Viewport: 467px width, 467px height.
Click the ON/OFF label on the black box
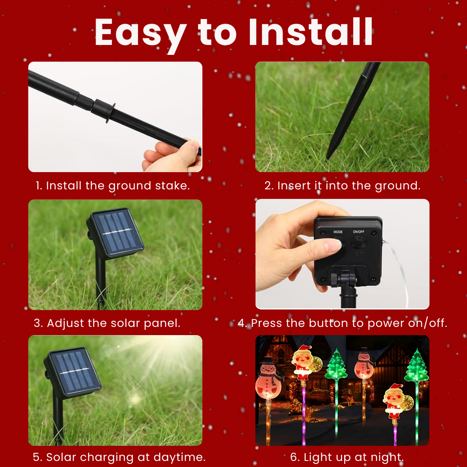[359, 232]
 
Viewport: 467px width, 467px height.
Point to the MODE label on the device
[338, 232]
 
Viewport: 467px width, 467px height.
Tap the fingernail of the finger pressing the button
[333, 246]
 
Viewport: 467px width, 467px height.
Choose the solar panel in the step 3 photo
[115, 233]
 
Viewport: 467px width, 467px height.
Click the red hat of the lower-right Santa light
[394, 388]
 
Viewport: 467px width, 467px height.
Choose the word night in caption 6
[384, 457]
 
